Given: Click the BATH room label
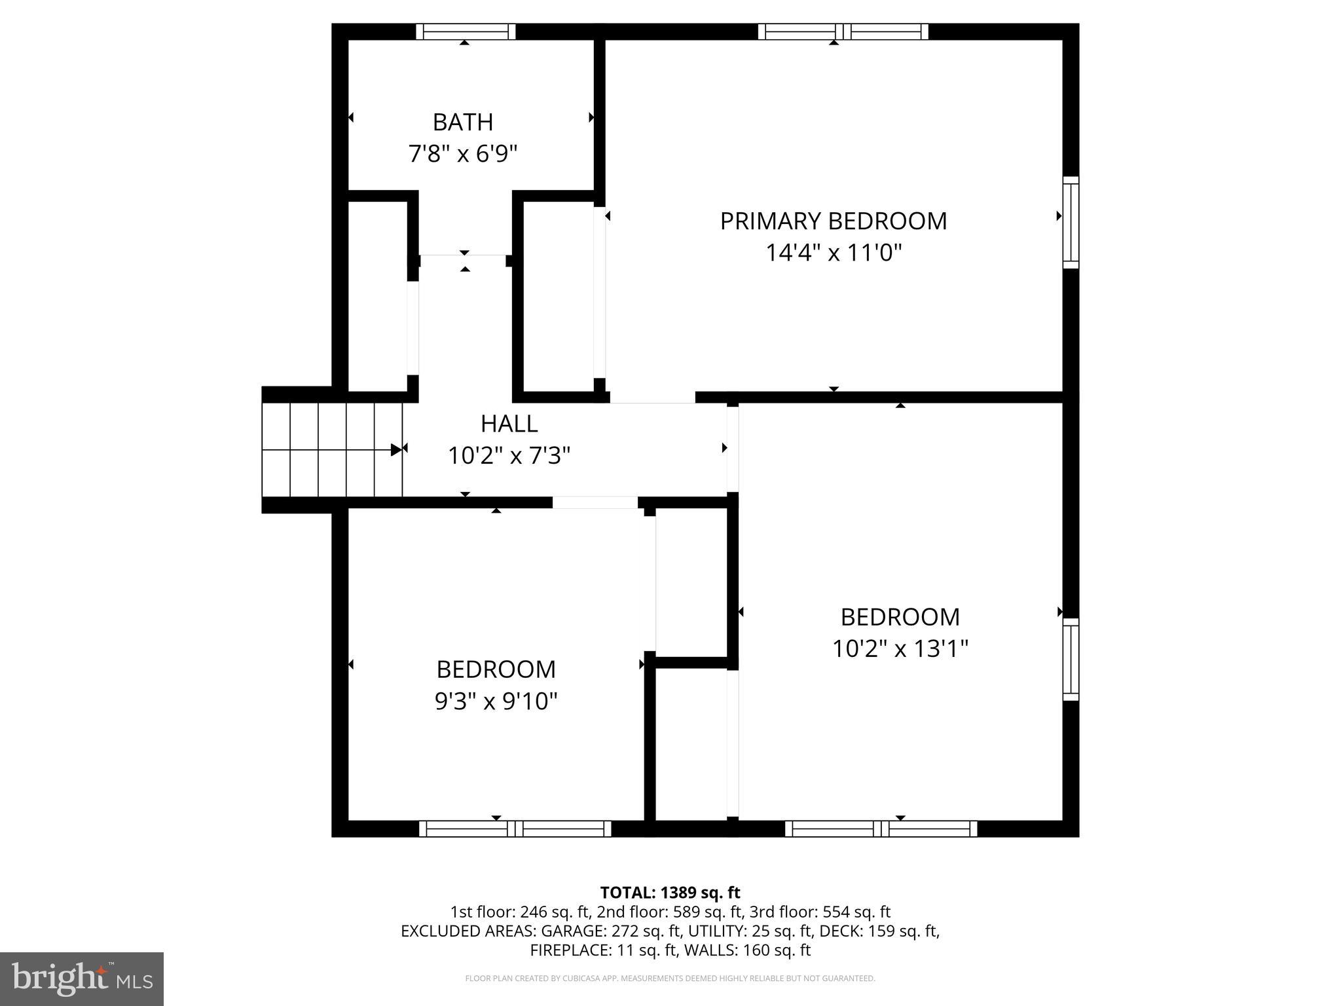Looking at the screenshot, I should point(462,122).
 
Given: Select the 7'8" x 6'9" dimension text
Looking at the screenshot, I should point(462,155).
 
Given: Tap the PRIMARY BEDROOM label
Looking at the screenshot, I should point(833,221).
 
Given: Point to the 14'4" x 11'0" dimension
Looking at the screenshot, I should point(833,253).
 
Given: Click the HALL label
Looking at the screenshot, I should point(509,424).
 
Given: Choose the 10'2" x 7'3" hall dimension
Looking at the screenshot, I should point(509,456).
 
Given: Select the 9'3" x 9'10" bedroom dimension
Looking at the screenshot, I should point(496,701).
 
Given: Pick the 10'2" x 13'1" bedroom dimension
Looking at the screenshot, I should point(900,649).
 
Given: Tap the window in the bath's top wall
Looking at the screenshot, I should point(466,31).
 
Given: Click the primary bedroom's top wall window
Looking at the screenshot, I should point(843,31).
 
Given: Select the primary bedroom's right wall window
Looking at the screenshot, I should point(1070,222).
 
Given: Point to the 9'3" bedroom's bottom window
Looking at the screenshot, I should point(515,829).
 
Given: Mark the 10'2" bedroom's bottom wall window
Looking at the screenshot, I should point(881,829).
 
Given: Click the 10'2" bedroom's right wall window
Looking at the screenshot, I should point(1070,659).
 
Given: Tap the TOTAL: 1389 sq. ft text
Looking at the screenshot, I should point(670,893).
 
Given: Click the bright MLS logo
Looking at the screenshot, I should point(82,978).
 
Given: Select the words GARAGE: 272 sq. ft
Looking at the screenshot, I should point(640,931).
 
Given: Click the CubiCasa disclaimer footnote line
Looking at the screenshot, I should point(670,978).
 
